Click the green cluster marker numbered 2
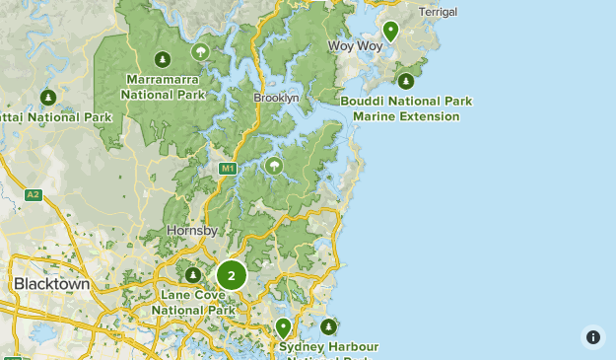tap(231, 276)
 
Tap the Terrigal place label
tap(438, 12)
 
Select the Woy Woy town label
tap(354, 45)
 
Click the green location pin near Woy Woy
tap(390, 32)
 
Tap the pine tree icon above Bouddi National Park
tap(403, 81)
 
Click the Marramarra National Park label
tap(163, 88)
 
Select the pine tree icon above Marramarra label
tap(163, 57)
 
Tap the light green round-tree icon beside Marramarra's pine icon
tap(200, 52)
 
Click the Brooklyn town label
tap(275, 99)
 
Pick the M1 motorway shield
tap(228, 169)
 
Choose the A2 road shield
tap(33, 194)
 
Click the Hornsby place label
tap(185, 230)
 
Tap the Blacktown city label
tap(51, 284)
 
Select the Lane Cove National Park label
tap(193, 302)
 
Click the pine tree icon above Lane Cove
tap(193, 274)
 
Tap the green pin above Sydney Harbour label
tap(283, 326)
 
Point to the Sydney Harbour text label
tap(328, 347)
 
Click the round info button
tap(592, 336)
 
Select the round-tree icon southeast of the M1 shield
tap(273, 166)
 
